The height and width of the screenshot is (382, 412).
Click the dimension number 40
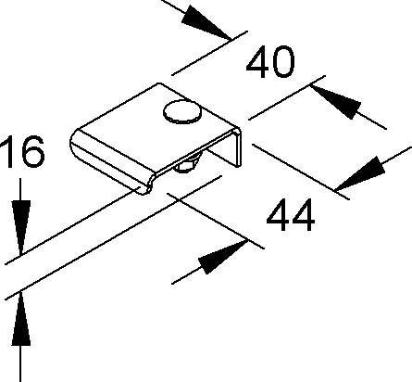coord(270,62)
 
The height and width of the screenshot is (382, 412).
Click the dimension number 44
coord(291,215)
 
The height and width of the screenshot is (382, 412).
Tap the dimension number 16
coord(21,151)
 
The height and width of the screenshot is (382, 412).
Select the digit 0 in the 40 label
coord(283,62)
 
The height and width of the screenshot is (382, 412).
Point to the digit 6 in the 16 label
coord(33,151)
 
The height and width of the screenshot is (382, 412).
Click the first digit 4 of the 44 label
coord(278,215)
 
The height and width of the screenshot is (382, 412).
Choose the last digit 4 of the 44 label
coord(304,215)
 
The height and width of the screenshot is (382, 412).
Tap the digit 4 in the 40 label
coord(258,62)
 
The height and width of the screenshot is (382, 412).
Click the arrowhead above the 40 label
coord(206,23)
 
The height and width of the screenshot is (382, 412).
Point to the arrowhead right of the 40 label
coord(336,101)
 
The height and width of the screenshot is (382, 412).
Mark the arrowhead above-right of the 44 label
coord(360,174)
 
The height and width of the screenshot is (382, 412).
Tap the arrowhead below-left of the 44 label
coord(223,258)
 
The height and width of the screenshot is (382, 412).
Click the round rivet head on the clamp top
coord(182,111)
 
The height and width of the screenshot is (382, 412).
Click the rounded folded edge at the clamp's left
coord(112,160)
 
